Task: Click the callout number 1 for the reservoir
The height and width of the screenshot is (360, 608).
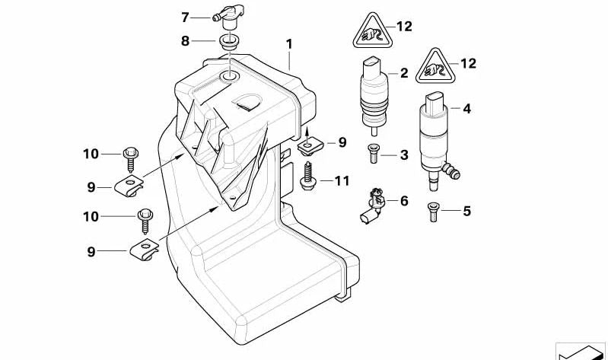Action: pyautogui.click(x=289, y=44)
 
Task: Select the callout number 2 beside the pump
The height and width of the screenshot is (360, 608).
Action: pyautogui.click(x=404, y=73)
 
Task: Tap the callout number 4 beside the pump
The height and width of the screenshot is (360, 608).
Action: pyautogui.click(x=466, y=109)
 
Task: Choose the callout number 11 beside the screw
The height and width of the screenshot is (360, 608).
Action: pyautogui.click(x=342, y=181)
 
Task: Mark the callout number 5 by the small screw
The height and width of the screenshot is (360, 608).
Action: pyautogui.click(x=466, y=211)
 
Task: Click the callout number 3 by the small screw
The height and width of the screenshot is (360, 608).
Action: pyautogui.click(x=404, y=155)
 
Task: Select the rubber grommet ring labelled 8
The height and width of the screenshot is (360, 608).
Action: pyautogui.click(x=228, y=41)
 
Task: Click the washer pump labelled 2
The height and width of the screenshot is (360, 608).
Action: pyautogui.click(x=372, y=93)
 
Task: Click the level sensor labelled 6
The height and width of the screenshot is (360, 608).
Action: pyautogui.click(x=371, y=205)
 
